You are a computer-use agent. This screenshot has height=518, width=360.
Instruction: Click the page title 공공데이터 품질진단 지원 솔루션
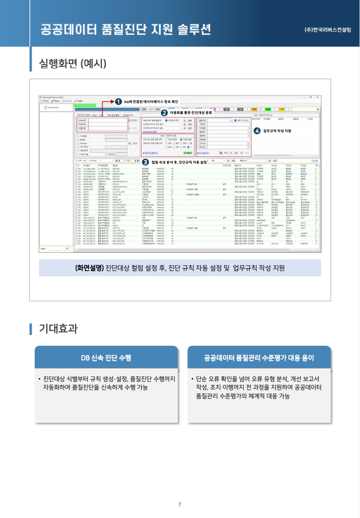(x=126, y=29)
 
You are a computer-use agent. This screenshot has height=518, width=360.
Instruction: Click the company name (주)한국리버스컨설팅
(x=327, y=30)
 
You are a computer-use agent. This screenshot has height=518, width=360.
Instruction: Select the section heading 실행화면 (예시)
(x=73, y=63)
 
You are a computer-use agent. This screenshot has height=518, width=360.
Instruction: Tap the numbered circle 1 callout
(x=118, y=101)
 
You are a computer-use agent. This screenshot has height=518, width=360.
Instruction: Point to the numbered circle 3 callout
(x=145, y=162)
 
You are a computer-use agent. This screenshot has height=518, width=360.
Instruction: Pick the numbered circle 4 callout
(x=257, y=130)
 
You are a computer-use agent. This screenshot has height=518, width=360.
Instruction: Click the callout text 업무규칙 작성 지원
(x=277, y=130)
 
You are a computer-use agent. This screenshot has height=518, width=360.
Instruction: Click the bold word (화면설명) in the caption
(x=89, y=268)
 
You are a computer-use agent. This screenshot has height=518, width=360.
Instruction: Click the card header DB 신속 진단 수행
(x=106, y=358)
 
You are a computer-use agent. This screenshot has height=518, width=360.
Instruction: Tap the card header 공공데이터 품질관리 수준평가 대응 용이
(x=259, y=358)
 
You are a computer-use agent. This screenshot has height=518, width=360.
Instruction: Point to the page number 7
(x=179, y=504)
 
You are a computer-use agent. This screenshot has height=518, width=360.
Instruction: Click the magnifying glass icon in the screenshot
(x=130, y=143)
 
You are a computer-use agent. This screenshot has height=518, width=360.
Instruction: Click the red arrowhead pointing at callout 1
(x=112, y=101)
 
